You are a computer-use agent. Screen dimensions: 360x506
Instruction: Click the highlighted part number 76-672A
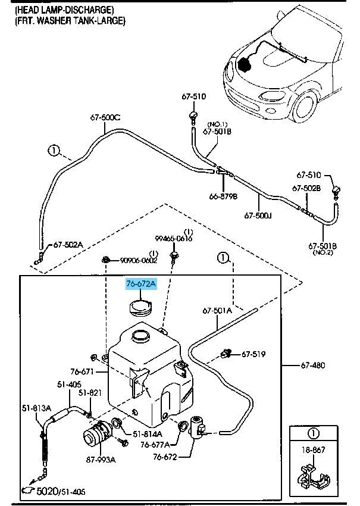[141, 284]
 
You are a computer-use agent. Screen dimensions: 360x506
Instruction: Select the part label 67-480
[313, 366]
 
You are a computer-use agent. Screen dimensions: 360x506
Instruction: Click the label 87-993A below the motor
[101, 460]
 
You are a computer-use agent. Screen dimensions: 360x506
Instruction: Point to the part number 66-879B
[223, 196]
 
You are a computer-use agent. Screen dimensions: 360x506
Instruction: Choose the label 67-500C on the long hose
[105, 117]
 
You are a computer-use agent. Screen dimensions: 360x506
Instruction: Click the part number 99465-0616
[174, 239]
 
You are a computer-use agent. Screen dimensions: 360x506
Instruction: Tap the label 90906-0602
[139, 260]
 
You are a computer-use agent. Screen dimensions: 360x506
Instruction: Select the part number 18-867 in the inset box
[313, 449]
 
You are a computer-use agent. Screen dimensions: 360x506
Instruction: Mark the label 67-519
[253, 354]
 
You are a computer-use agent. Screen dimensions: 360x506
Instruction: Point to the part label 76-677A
[155, 445]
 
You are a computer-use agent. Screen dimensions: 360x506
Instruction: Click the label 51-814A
[148, 434]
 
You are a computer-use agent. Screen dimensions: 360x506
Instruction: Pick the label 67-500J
[258, 215]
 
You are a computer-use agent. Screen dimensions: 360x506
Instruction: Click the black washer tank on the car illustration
[246, 64]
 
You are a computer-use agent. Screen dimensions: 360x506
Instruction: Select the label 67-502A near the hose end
[68, 245]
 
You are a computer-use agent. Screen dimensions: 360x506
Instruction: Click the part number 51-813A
[36, 408]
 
